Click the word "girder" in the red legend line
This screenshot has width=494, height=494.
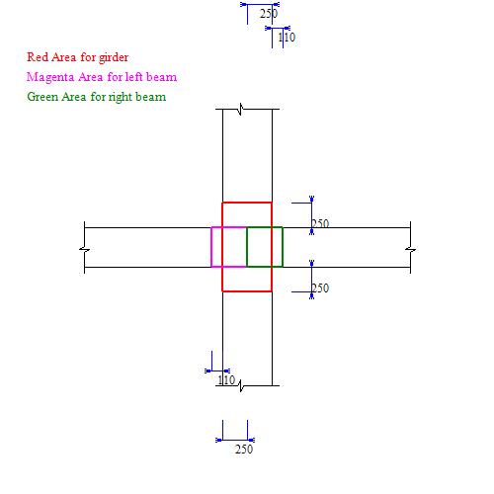point(114,57)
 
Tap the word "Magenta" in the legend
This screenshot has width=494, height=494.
point(50,77)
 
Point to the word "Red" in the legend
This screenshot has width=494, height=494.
point(38,57)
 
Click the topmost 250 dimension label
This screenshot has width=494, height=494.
point(269,14)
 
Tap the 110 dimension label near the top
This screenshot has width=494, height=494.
point(287,38)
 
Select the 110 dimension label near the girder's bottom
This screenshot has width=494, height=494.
point(226,380)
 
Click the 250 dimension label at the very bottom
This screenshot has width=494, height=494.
point(244,450)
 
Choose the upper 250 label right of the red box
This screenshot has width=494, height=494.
point(320,224)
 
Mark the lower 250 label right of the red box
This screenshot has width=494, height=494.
point(320,288)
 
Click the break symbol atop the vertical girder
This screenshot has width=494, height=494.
point(241,109)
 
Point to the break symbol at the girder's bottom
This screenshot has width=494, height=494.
point(241,385)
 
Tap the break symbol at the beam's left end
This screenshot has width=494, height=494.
point(84,250)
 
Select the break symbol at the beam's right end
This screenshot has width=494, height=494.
point(410,250)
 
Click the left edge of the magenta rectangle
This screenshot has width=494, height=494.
point(211,247)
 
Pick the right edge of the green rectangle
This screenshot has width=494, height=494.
point(283,247)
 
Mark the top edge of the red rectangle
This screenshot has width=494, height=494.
point(247,203)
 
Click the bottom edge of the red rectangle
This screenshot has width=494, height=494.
point(247,291)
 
